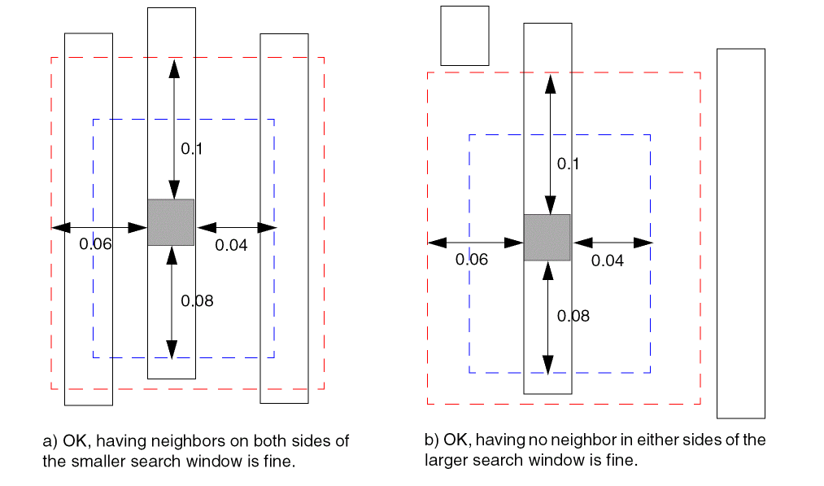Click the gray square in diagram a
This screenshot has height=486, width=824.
171,222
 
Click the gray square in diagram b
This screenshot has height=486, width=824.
547,237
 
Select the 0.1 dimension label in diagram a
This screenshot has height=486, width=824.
191,149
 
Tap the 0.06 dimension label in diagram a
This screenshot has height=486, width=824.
95,243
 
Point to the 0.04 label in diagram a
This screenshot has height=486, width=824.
231,244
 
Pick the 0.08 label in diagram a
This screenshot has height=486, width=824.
197,301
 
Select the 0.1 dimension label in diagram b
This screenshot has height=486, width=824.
568,164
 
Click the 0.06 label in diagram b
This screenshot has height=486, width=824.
472,260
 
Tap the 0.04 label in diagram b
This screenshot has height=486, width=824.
607,261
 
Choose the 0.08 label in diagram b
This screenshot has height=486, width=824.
573,316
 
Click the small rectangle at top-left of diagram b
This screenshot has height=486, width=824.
464,36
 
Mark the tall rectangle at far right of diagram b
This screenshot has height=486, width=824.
740,233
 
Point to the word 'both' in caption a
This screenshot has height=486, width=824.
260,441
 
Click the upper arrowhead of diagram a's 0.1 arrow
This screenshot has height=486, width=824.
172,68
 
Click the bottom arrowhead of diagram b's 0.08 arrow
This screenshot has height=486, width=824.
548,364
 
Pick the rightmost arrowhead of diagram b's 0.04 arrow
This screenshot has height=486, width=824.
643,243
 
